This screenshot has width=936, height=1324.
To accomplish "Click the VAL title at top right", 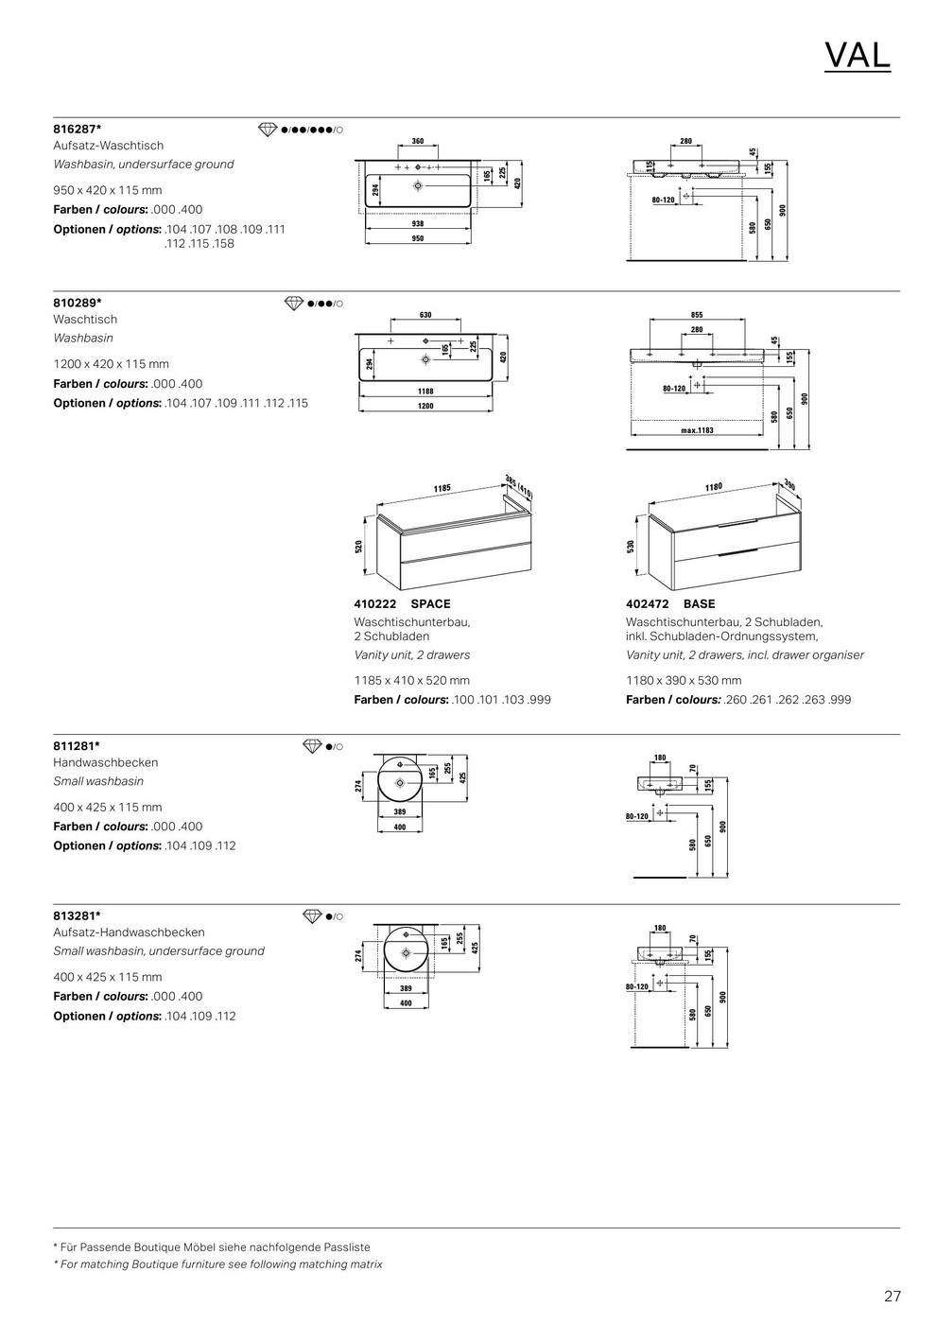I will (857, 57).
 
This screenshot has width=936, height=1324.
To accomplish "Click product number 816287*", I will (78, 128).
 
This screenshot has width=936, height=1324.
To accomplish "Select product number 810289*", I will (78, 303).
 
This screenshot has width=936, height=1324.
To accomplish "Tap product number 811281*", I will (77, 745).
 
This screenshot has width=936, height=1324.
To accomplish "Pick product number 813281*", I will (77, 915).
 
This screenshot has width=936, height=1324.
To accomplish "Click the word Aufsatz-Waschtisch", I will (109, 146).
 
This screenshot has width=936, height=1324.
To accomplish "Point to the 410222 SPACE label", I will (402, 603).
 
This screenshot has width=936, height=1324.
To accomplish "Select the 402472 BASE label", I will (670, 603).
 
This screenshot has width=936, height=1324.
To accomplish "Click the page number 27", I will (892, 1296).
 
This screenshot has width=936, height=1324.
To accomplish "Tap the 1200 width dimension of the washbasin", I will (425, 406).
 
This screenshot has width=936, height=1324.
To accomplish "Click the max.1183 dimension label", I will (697, 430).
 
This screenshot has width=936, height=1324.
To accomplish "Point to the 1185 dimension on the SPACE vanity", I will (442, 489).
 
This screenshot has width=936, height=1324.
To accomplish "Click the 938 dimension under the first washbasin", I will (417, 224).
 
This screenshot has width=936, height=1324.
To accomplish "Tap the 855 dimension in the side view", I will (697, 315).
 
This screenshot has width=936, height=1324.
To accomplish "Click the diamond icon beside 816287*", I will (269, 129).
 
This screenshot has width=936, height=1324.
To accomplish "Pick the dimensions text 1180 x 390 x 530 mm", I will (684, 680).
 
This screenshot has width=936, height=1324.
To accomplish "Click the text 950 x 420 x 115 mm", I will (108, 190).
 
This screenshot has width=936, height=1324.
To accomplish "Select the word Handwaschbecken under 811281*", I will (106, 762).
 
